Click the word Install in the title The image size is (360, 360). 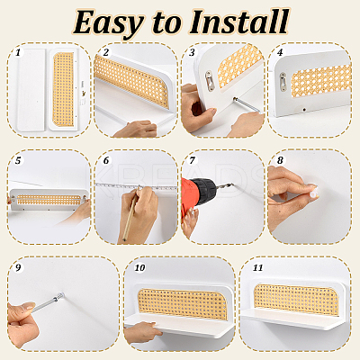pyautogui.click(x=239, y=22)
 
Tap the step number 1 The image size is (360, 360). pyautogui.click(x=18, y=53)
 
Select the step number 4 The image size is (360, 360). pyautogui.click(x=280, y=52)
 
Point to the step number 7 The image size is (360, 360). pyautogui.click(x=192, y=160)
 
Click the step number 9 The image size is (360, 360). pyautogui.click(x=18, y=267)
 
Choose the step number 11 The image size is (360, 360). pyautogui.click(x=257, y=267)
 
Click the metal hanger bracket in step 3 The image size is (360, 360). pyautogui.click(x=210, y=80)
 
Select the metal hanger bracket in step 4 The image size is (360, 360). pyautogui.click(x=283, y=81)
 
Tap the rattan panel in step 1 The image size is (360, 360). pyautogui.click(x=63, y=89)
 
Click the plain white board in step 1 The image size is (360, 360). pyautogui.click(x=31, y=90)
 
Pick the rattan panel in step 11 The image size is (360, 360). pyautogui.click(x=296, y=300)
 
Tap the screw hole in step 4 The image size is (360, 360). pyautogui.click(x=304, y=110)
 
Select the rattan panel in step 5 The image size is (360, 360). pyautogui.click(x=49, y=200)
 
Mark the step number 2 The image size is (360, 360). pyautogui.click(x=105, y=52)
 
